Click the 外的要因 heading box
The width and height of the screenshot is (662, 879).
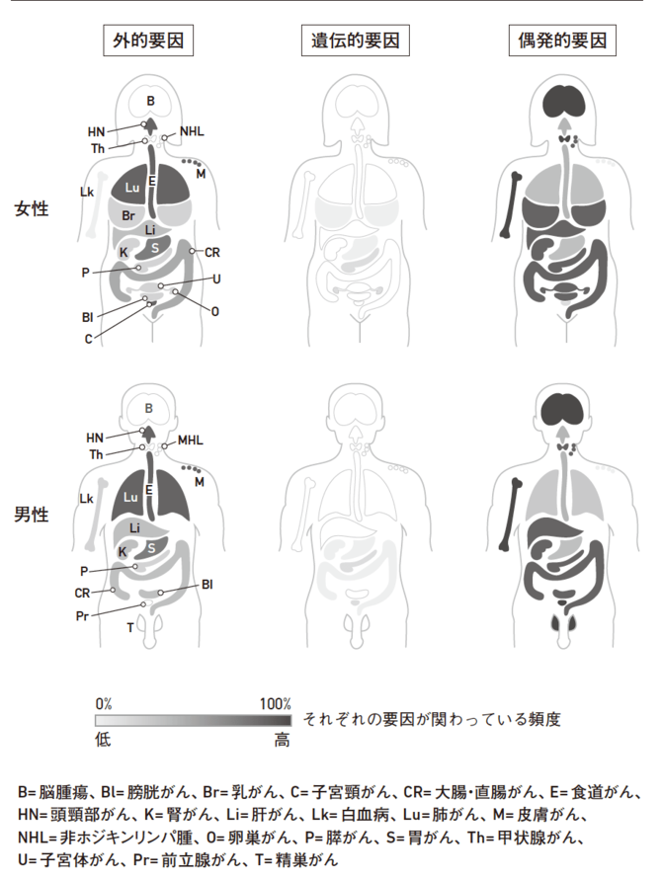point(148,40)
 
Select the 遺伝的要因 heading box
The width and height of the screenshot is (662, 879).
point(356,40)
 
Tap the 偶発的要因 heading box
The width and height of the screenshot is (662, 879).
point(562,40)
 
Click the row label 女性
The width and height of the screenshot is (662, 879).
point(32,208)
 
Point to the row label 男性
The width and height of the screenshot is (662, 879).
point(32,514)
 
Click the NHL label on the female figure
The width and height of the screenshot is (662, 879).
point(192,131)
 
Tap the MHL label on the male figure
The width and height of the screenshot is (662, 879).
point(190,440)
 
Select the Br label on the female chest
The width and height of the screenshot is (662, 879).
point(128,216)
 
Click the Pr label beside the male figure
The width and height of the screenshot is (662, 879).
point(82,616)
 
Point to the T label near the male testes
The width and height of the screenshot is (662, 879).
point(130,628)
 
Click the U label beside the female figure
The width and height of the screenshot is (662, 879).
point(216,280)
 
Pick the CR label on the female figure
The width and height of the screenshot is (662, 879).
point(212,252)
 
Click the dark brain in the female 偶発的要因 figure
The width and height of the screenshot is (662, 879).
point(564,101)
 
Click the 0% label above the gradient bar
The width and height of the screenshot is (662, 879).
point(104,703)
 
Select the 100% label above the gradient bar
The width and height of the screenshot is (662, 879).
point(276,703)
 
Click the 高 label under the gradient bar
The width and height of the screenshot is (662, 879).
point(283,740)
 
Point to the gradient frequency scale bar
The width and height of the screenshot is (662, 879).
point(193,720)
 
